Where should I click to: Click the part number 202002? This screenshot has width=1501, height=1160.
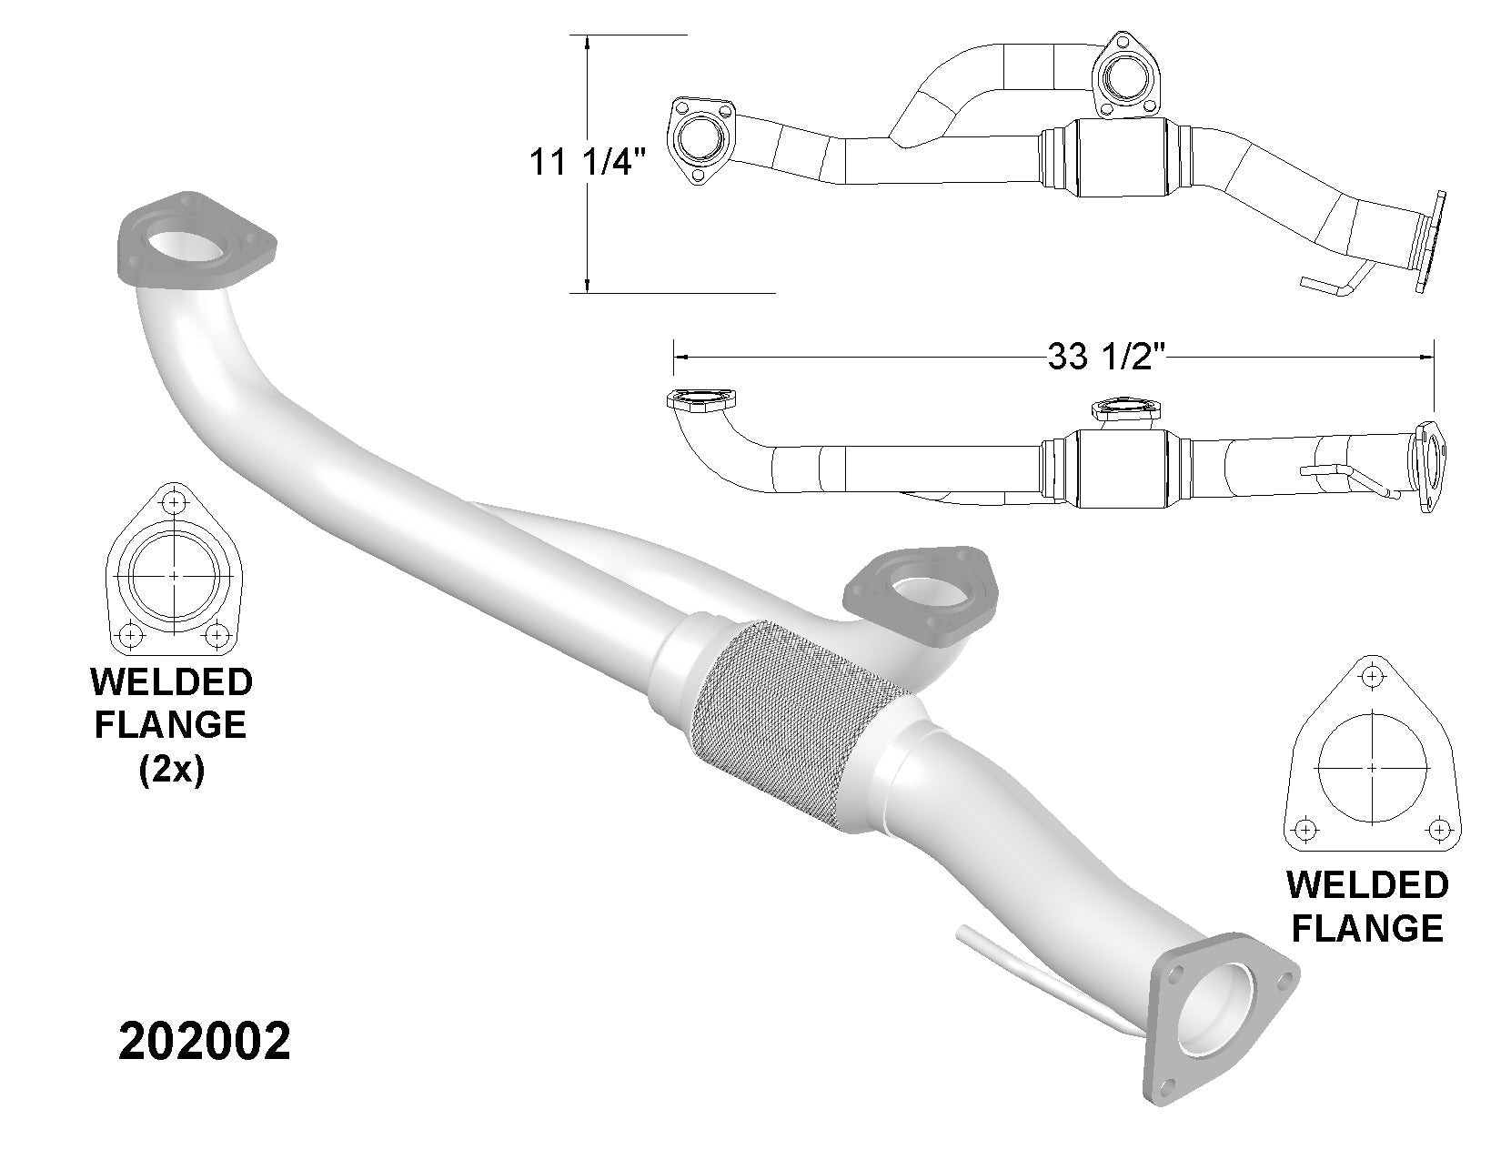(205, 1042)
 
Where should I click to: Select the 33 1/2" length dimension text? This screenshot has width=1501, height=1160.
(1106, 357)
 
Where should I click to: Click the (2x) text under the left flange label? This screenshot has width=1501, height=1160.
(171, 771)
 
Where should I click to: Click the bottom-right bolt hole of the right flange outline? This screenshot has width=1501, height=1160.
(1438, 829)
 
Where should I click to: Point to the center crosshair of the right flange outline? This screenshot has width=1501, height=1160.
(1372, 768)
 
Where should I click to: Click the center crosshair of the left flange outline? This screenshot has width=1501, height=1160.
(174, 576)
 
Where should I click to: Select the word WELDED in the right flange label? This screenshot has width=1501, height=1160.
(1367, 885)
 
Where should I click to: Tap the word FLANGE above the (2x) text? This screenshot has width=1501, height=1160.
(171, 725)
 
